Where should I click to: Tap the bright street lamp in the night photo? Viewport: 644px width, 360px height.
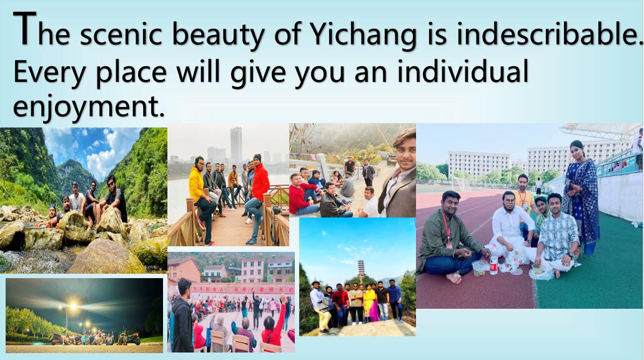72,306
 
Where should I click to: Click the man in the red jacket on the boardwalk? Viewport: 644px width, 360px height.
257,199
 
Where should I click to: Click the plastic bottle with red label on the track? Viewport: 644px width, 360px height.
493,266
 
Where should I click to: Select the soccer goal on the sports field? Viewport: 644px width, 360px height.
461,184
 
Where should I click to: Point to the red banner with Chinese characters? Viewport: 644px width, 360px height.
243,289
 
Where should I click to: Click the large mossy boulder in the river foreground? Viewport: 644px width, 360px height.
106,257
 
